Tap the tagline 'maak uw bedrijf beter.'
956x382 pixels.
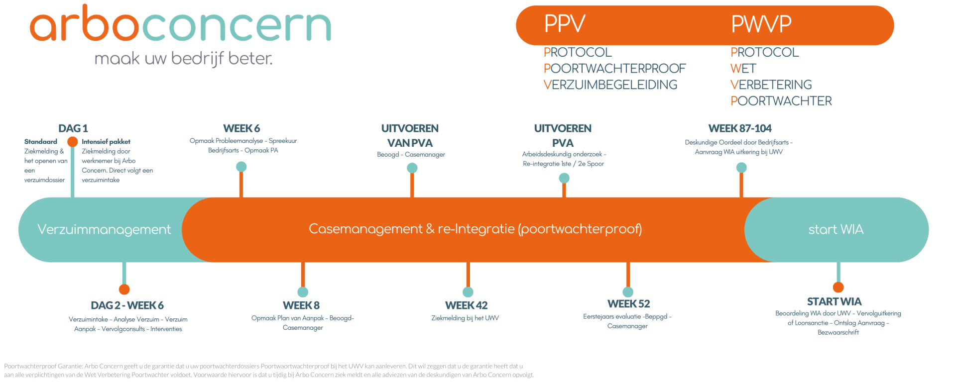(x=183, y=59)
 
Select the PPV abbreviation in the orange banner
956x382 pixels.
(x=564, y=24)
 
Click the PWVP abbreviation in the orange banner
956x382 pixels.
(x=761, y=24)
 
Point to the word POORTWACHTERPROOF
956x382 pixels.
(x=614, y=69)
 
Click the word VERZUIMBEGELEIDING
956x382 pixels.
(x=610, y=85)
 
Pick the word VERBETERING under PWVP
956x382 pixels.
(x=771, y=85)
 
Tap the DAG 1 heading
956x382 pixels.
(x=73, y=129)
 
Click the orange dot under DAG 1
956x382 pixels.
(x=73, y=142)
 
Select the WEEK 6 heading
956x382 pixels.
(x=241, y=129)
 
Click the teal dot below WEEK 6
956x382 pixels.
(x=241, y=167)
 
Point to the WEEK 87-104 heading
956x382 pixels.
(x=740, y=129)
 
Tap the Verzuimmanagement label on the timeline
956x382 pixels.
(x=104, y=229)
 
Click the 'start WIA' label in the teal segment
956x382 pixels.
(x=836, y=229)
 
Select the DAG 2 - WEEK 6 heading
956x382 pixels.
(x=127, y=305)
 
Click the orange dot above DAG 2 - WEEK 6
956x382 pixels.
(x=124, y=289)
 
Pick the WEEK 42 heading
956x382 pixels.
(x=467, y=305)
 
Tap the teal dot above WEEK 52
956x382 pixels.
(x=628, y=292)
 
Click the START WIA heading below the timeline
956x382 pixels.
(x=834, y=302)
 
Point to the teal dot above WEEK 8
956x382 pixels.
(x=303, y=292)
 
